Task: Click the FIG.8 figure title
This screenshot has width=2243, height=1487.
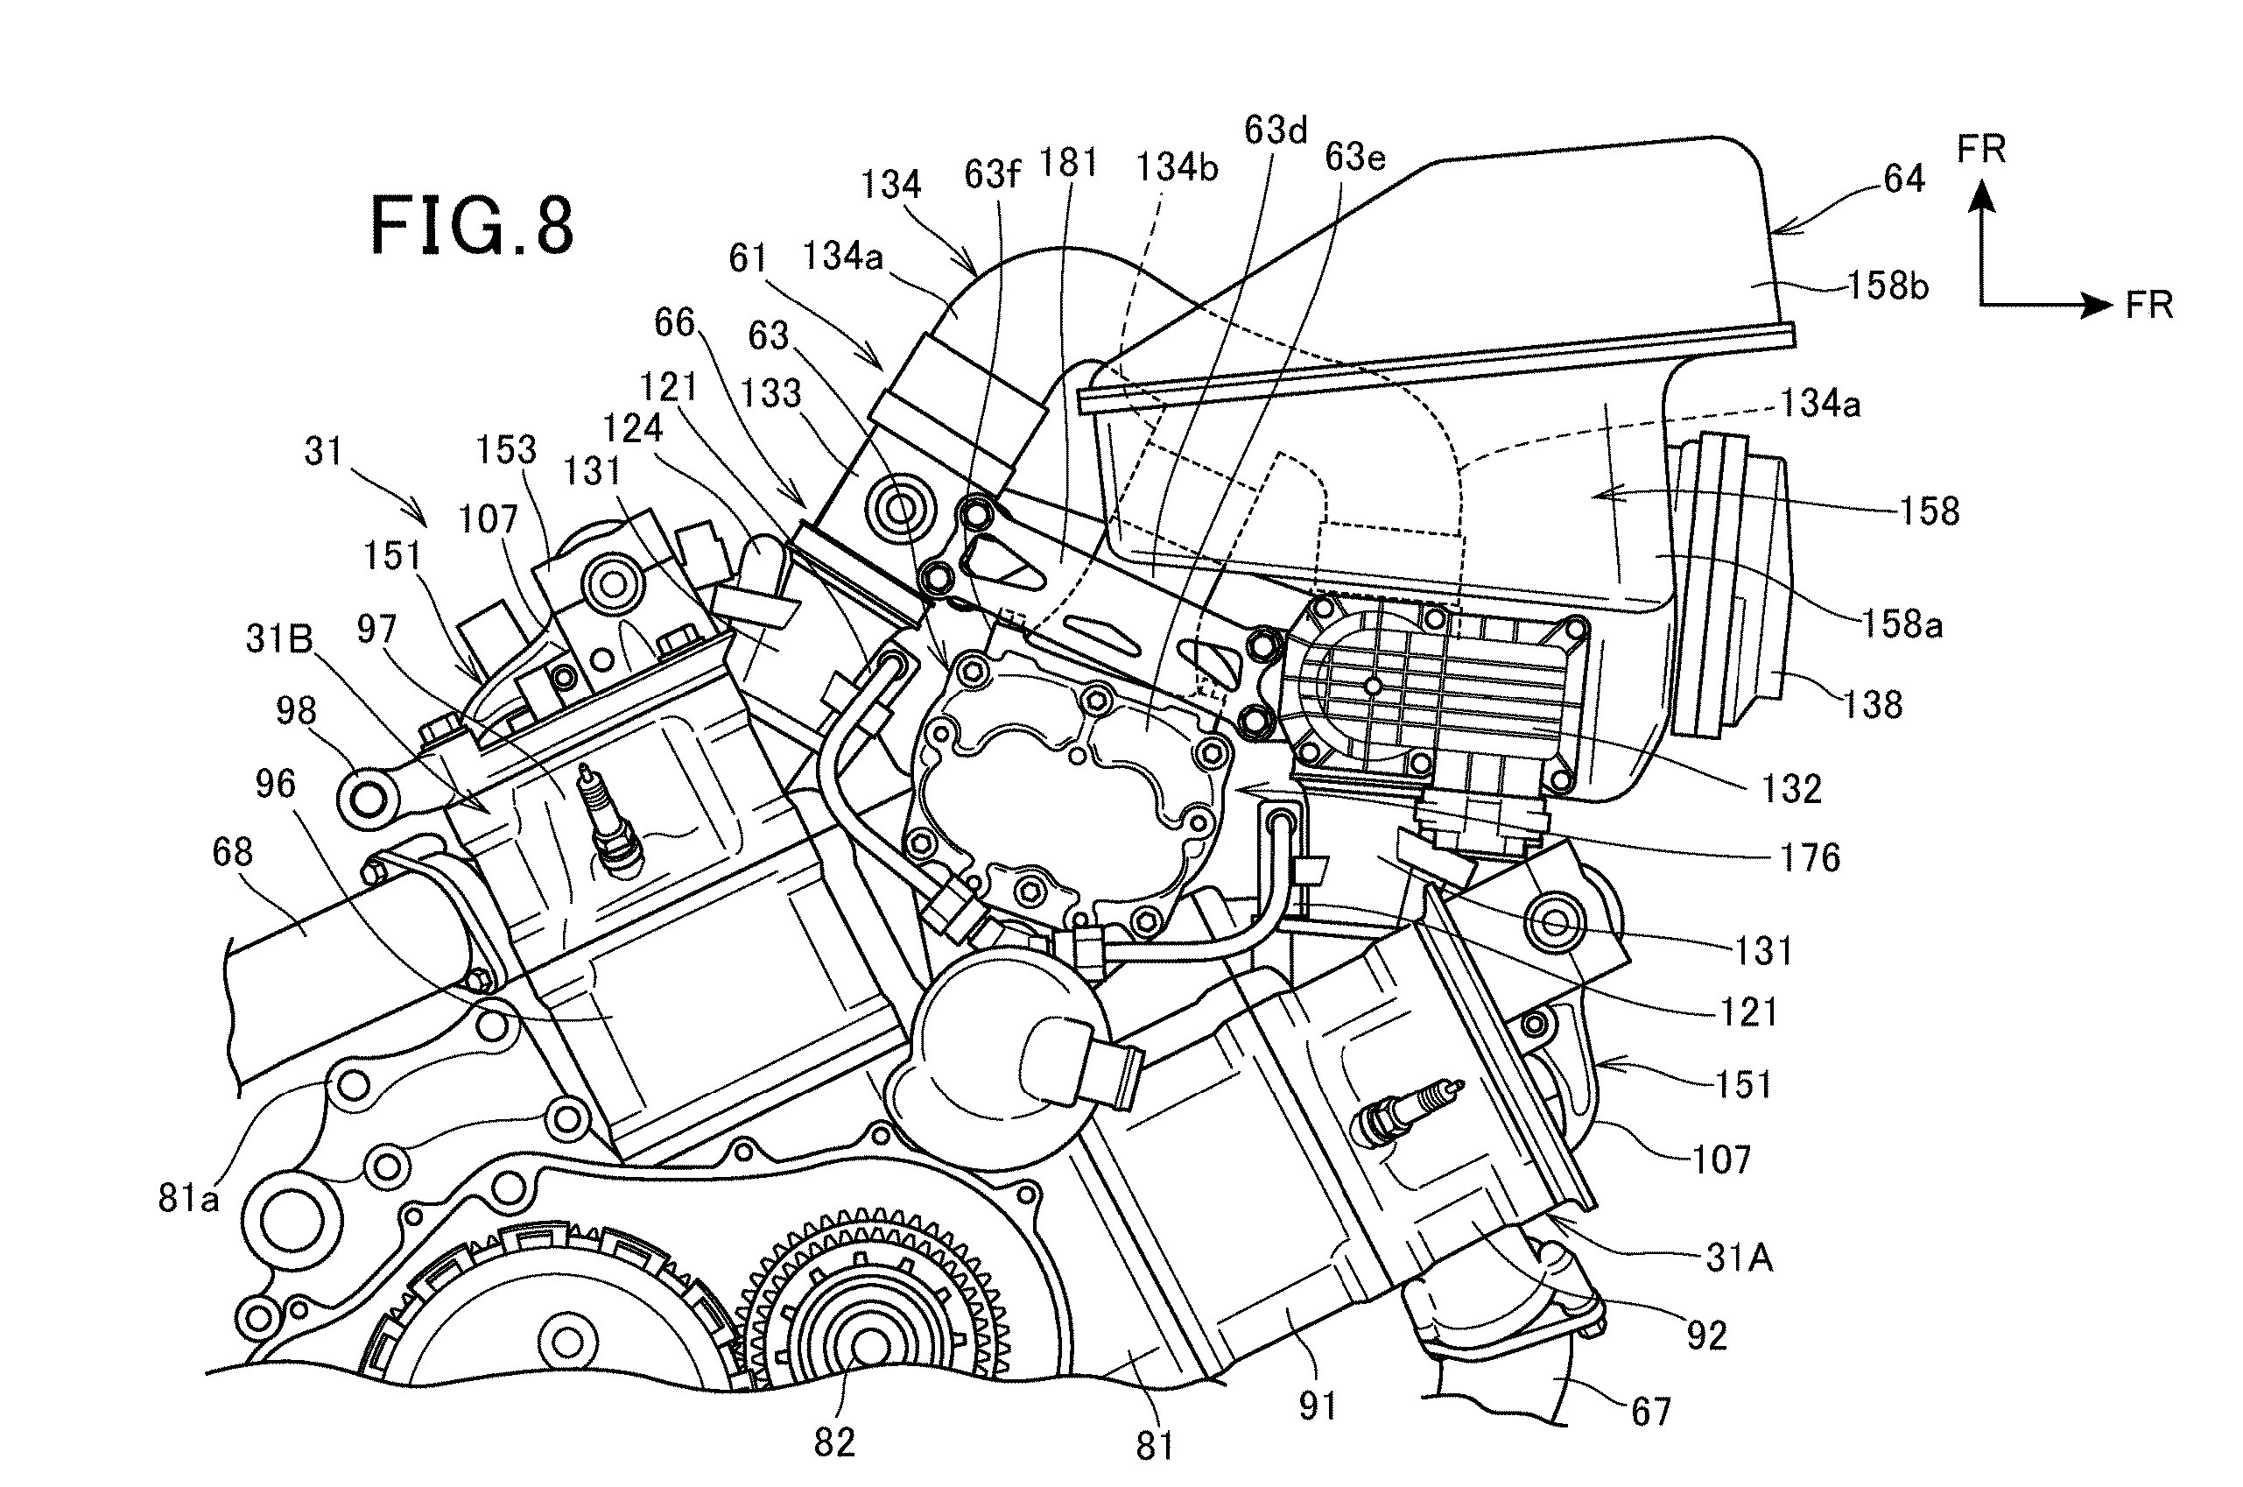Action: pos(471,226)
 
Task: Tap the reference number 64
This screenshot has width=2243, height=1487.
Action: pos(1903,179)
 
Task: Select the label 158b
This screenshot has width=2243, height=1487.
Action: pos(1888,285)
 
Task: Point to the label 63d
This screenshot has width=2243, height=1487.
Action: pos(1275,130)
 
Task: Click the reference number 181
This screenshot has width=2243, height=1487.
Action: pos(1067,163)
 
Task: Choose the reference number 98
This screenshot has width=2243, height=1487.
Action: pos(296,710)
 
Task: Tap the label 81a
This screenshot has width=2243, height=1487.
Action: pos(187,1199)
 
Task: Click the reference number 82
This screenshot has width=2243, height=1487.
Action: pos(834,1442)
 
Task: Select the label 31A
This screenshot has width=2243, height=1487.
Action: pos(1740,1258)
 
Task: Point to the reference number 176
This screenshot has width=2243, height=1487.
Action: pos(1810,857)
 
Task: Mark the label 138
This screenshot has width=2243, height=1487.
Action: pos(1873,705)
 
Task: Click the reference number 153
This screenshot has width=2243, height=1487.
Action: pos(506,448)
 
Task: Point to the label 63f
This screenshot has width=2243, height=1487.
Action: pos(993,173)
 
